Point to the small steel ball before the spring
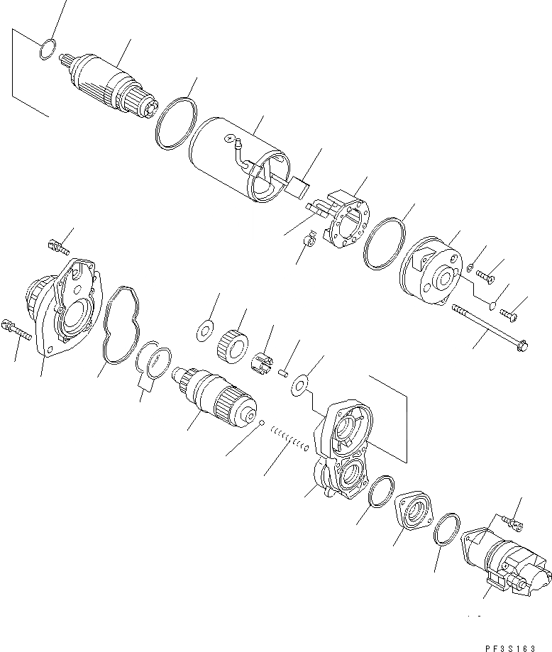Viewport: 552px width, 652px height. [x=262, y=424]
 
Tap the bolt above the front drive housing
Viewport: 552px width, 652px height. [x=56, y=247]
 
